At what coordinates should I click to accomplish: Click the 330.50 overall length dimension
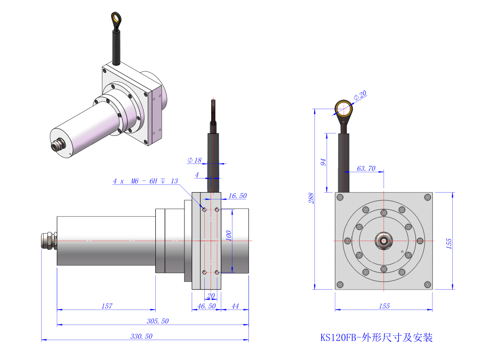142,336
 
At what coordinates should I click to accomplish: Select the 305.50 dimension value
158,321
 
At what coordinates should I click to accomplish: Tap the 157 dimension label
107,306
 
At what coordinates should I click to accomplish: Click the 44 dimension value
235,306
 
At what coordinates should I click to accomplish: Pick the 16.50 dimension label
237,196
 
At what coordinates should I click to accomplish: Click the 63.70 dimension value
366,168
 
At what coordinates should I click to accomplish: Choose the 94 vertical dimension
323,162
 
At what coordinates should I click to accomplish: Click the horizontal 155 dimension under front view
384,306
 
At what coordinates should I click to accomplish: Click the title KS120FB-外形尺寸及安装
376,337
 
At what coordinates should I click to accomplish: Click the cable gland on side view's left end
49,241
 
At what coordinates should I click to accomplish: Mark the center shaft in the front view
383,240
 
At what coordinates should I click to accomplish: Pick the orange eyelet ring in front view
344,109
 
